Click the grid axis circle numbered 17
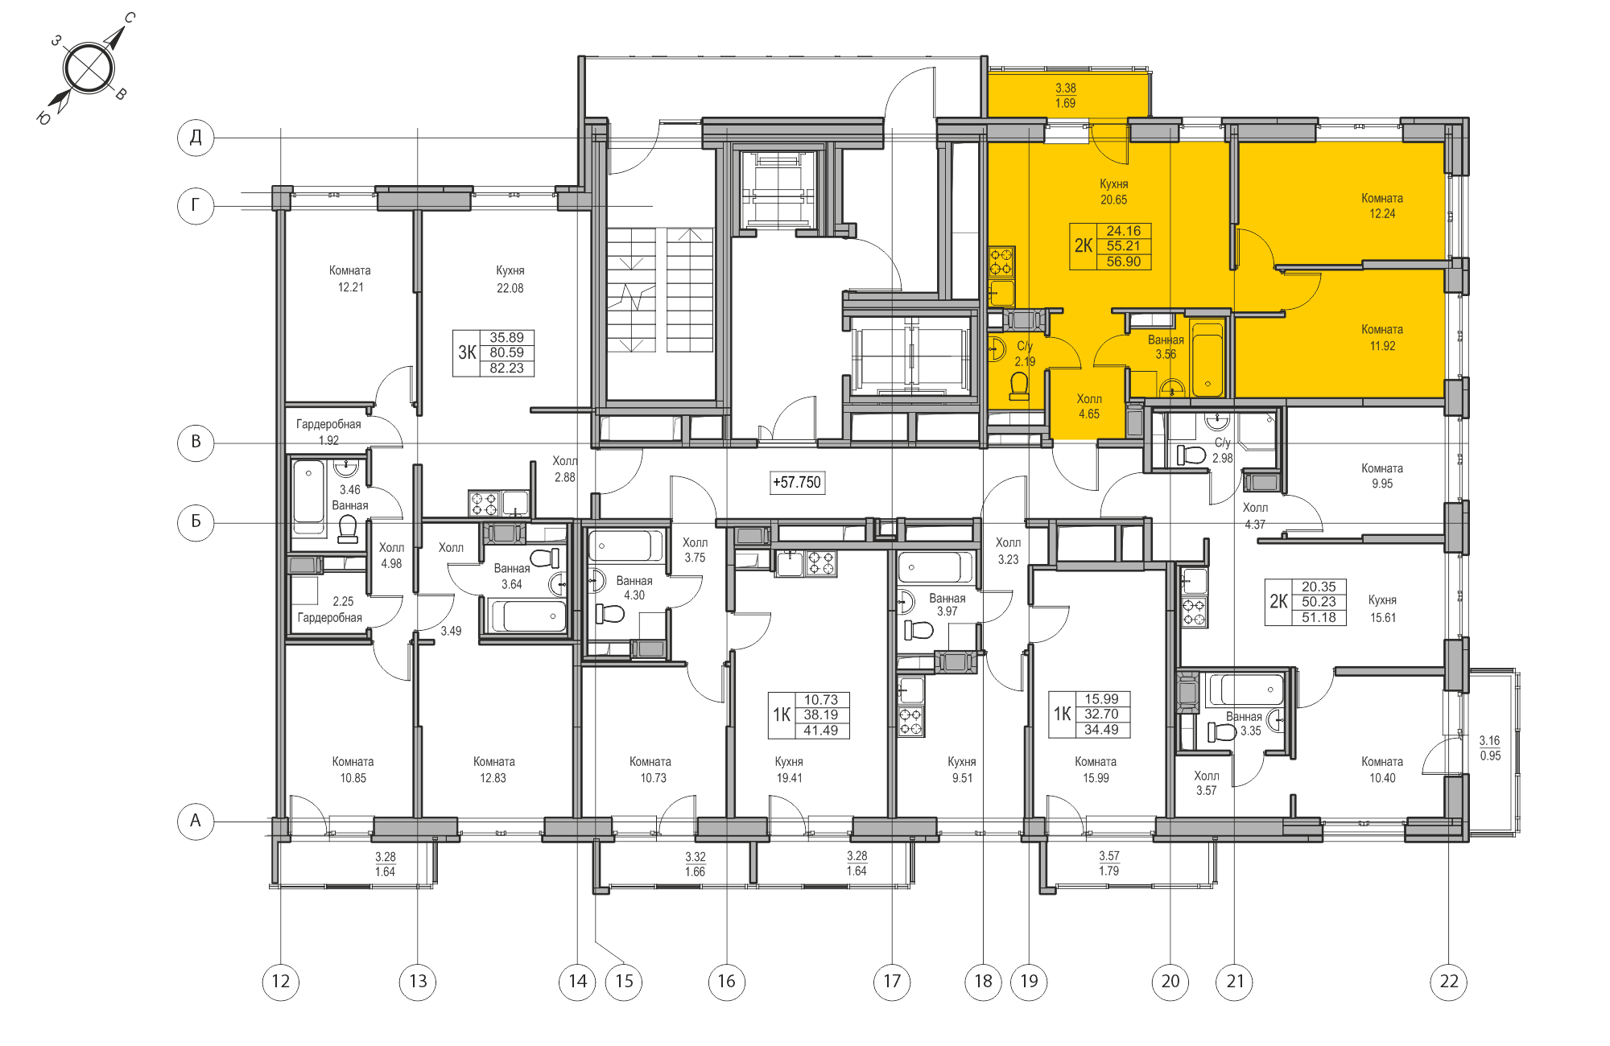click(x=892, y=982)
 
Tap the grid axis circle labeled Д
click(x=196, y=137)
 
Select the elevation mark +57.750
click(x=797, y=483)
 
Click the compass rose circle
click(x=88, y=68)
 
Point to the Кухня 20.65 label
click(x=1114, y=191)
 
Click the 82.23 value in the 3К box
click(x=506, y=369)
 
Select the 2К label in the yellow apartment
click(x=1084, y=246)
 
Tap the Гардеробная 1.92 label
click(x=328, y=432)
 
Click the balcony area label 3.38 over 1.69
click(x=1066, y=96)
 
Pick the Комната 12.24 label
click(x=1382, y=206)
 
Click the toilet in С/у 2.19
click(x=1019, y=386)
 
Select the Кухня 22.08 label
click(x=510, y=279)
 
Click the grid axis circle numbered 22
click(x=1449, y=982)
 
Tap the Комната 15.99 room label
click(x=1096, y=770)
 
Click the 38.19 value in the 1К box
click(x=820, y=715)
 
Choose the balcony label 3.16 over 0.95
click(x=1490, y=748)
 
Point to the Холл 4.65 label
click(x=1089, y=406)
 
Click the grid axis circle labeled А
click(x=196, y=821)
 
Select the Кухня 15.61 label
click(x=1383, y=609)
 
